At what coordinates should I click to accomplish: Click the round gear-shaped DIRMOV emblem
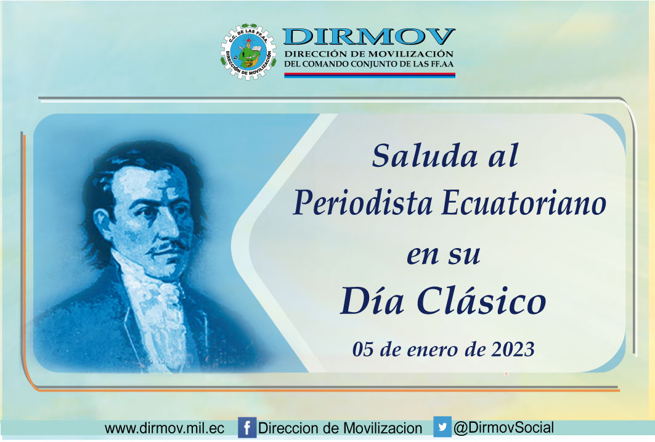248,52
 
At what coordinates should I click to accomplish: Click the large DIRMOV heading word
369,37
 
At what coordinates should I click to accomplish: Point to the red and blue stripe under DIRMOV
369,75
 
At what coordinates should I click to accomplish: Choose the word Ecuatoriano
524,203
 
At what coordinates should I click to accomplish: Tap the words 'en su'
444,254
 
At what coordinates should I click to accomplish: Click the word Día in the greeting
372,300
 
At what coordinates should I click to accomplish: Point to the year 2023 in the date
513,349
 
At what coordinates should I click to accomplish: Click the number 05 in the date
362,349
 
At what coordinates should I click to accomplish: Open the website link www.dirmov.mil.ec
164,428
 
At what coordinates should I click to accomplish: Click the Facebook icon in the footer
247,428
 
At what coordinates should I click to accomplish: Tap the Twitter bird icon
442,427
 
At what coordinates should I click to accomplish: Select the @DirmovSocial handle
504,428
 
